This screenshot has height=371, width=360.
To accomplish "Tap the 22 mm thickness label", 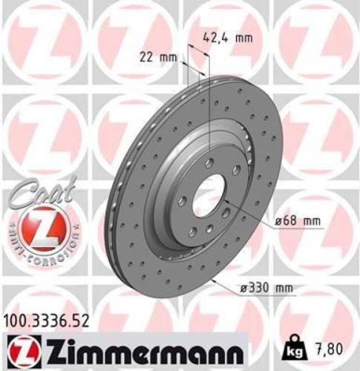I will click(157, 56).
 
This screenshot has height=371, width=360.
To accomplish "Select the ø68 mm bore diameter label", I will click(298, 221).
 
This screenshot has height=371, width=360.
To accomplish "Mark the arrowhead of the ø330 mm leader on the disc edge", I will click(213, 281).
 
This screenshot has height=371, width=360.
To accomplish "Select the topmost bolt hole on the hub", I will click(210, 162).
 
